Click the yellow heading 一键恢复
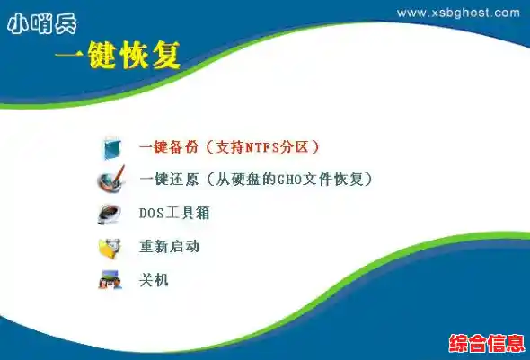tap(117, 56)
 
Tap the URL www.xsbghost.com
tap(457, 13)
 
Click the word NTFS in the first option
tap(266, 145)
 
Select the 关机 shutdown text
tap(154, 279)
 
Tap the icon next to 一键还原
tap(112, 180)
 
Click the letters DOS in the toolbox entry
tap(150, 213)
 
